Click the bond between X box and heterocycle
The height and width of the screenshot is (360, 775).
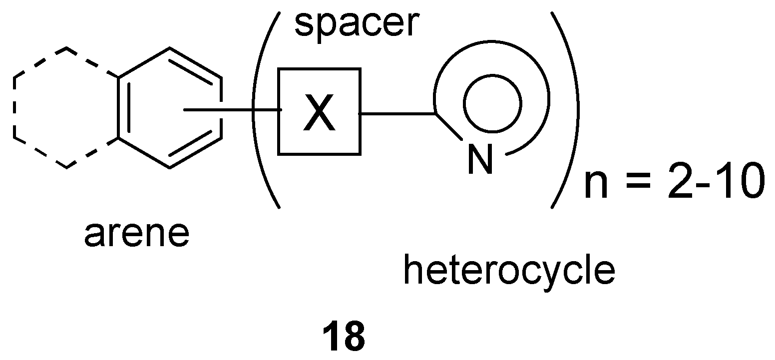397,114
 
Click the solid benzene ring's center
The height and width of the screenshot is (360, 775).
170,107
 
